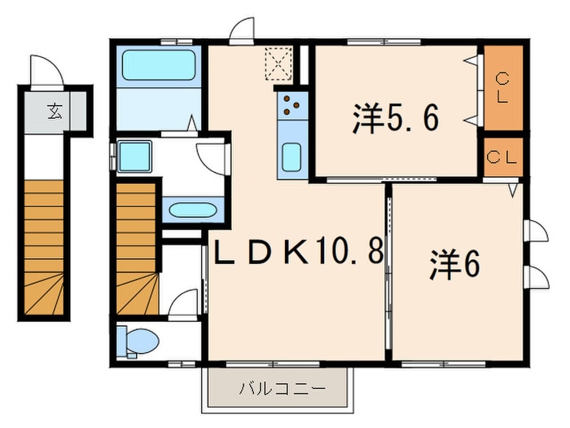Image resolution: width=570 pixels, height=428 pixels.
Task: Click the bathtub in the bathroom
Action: coord(159,65)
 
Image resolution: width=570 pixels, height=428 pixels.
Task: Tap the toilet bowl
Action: coord(139,342)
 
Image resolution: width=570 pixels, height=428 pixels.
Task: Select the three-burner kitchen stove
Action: coord(292,105)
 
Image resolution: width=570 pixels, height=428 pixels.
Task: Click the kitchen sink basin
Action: coord(292,157)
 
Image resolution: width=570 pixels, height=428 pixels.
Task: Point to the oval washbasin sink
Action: coord(193,210)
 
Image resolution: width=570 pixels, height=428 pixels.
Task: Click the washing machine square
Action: coord(134,157)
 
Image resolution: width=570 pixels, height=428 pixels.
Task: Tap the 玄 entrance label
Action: coord(55,112)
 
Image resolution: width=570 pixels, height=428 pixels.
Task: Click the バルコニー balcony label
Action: coord(282,389)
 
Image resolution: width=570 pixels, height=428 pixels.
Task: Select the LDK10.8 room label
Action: coord(299,251)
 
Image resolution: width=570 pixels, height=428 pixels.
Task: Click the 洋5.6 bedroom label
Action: coord(396,118)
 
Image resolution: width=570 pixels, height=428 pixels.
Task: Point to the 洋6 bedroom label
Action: coord(454,265)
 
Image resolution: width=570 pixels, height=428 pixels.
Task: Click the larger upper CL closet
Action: coord(503,88)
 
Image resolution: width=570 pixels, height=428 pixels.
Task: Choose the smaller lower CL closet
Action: coord(503,157)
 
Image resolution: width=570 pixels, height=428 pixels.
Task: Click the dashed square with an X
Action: coord(278,63)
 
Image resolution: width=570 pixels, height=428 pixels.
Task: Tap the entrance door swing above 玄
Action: coord(47,72)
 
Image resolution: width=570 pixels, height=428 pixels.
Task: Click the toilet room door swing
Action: coord(183,304)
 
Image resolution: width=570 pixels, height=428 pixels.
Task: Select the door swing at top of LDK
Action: coord(241,31)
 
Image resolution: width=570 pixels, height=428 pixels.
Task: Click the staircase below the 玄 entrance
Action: coord(44,247)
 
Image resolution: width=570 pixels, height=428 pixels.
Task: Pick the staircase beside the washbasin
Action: coord(138,249)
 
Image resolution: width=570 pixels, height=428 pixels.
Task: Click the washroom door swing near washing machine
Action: coord(213,159)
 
